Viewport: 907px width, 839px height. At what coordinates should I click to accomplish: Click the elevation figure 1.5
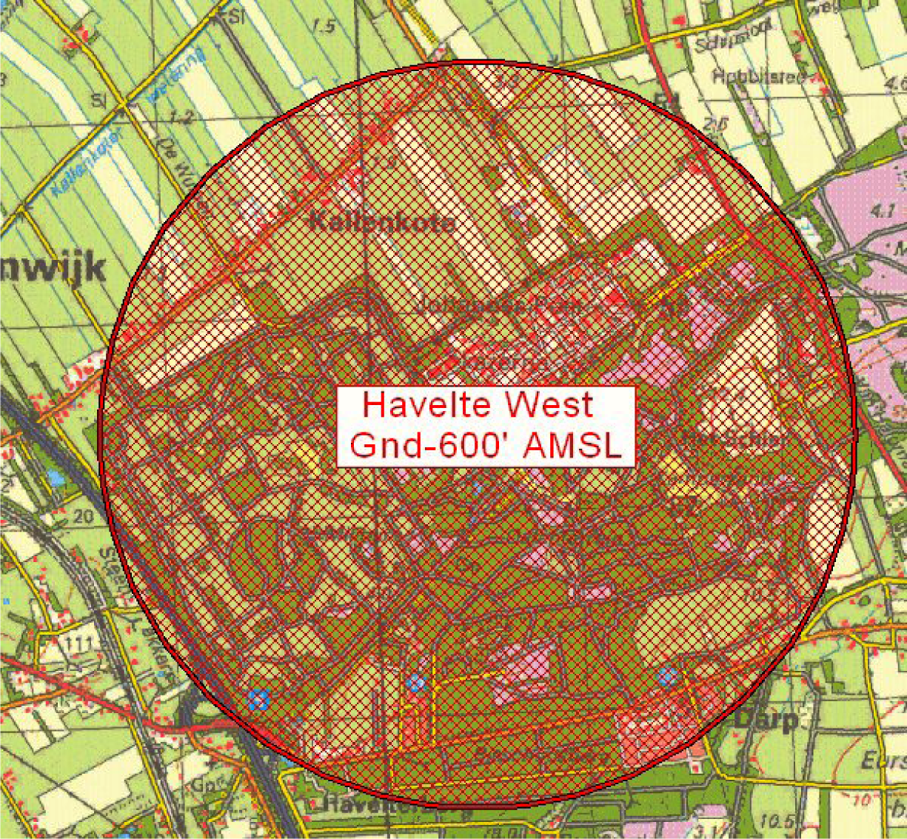click(x=324, y=27)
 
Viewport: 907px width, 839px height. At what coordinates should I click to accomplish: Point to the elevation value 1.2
click(x=180, y=117)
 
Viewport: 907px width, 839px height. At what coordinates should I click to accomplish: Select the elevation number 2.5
click(x=714, y=125)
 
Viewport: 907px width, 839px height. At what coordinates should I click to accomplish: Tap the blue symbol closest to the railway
click(x=258, y=698)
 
